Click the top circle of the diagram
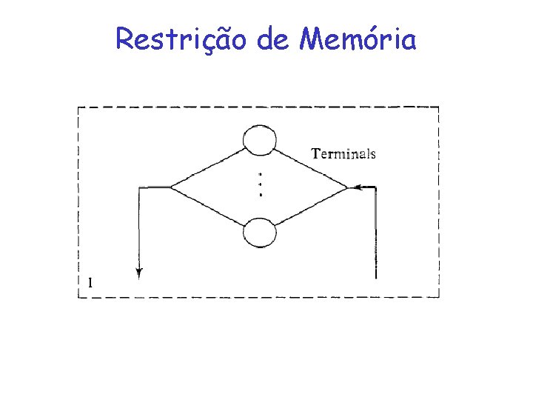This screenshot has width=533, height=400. click(260, 140)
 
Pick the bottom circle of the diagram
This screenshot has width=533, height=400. click(260, 233)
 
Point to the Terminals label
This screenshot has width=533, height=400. click(343, 154)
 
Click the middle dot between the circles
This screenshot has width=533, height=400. click(261, 184)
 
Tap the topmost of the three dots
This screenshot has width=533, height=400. click(261, 175)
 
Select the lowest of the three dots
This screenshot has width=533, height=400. click(261, 194)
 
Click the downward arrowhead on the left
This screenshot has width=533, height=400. click(139, 273)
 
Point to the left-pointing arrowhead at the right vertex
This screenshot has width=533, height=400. click(353, 187)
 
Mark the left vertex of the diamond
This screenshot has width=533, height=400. click(171, 187)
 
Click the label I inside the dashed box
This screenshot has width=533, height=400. click(90, 281)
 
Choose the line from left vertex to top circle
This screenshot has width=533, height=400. click(207, 167)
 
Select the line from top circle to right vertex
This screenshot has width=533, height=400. click(311, 167)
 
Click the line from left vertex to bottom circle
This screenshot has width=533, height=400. click(207, 208)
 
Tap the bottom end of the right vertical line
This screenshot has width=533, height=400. click(376, 278)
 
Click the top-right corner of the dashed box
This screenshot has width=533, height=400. click(439, 107)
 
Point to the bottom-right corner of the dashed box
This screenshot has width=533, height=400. click(439, 297)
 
